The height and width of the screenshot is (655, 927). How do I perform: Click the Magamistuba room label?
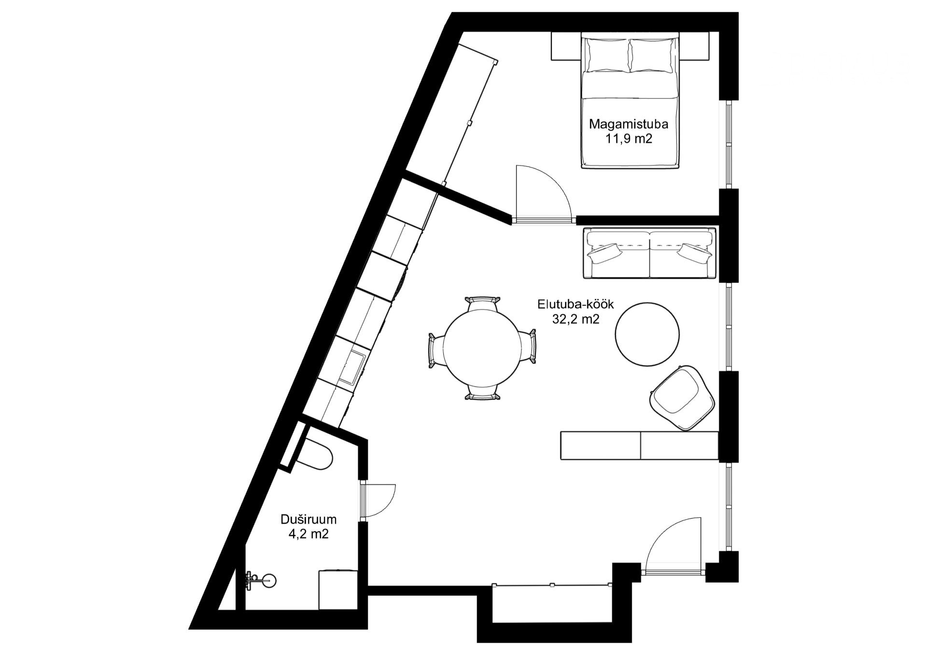(x=629, y=124)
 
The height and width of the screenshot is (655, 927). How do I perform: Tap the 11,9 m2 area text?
(x=629, y=139)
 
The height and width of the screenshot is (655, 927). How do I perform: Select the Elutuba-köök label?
(x=576, y=304)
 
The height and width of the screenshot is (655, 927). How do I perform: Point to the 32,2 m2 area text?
(x=576, y=319)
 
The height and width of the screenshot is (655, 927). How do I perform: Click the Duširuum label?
(x=309, y=519)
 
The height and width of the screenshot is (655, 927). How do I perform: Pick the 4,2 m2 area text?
(x=309, y=534)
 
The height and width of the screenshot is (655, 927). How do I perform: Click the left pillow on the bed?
(x=608, y=55)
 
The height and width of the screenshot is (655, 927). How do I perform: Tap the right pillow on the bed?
(x=652, y=55)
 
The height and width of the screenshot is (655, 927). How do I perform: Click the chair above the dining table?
(x=482, y=304)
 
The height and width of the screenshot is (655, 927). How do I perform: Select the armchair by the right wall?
(x=682, y=397)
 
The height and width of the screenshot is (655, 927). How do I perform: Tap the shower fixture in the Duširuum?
(x=261, y=581)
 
